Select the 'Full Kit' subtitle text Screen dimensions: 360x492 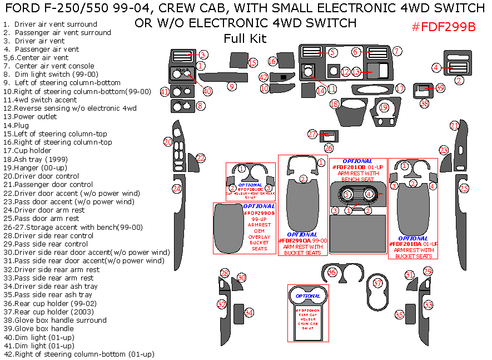point(245,38)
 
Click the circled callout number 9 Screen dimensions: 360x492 point(231,86)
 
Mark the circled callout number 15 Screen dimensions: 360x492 point(253,63)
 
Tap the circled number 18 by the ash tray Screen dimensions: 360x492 point(334,104)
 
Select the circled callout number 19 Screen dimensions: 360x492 point(383,107)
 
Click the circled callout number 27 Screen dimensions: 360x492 point(312,134)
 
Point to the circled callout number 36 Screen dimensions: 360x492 point(332,272)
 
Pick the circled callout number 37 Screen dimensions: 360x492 point(378,283)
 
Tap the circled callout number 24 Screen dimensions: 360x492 point(176,189)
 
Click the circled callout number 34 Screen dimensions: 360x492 point(249,313)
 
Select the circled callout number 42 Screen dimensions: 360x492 point(264,77)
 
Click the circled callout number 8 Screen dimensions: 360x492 point(201,106)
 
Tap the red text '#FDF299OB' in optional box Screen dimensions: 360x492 point(259,213)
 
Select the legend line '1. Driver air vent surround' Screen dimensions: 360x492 point(50,24)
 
